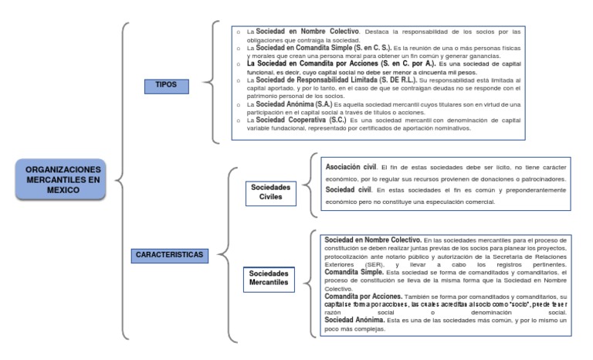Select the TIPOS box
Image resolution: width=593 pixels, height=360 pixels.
coord(166,86)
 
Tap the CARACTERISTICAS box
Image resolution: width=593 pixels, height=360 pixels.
coord(169,253)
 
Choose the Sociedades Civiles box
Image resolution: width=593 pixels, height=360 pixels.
coord(270,192)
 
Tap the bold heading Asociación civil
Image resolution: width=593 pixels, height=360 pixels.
coord(351,166)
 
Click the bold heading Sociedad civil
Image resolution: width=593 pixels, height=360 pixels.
coord(347,189)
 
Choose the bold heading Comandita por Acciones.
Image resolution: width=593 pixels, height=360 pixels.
coord(362,297)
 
